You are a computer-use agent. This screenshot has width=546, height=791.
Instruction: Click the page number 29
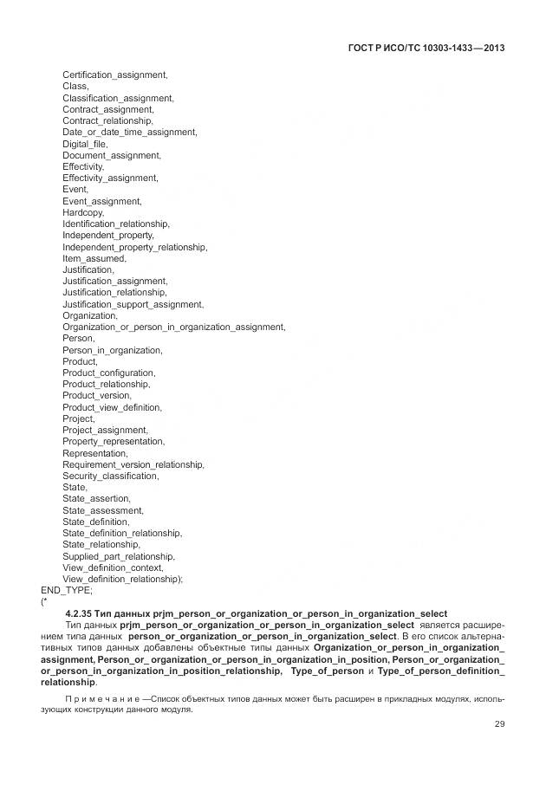point(498,724)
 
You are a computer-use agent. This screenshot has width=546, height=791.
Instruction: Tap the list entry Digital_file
point(84,144)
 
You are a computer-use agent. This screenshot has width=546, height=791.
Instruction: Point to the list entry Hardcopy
point(83,212)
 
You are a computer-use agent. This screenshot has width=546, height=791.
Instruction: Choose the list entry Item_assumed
point(94,258)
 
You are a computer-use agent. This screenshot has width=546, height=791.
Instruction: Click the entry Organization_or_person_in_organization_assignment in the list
point(173,327)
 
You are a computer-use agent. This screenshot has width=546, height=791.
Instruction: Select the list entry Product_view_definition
point(112,407)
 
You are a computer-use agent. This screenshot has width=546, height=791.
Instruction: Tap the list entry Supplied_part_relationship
point(119,556)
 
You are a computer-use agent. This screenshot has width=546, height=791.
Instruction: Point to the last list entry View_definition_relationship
point(122,579)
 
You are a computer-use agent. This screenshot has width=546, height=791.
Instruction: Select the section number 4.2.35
point(83,613)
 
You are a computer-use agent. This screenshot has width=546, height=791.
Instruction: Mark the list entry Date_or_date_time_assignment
point(129,133)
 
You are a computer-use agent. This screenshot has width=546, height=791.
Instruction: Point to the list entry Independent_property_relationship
point(134,247)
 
